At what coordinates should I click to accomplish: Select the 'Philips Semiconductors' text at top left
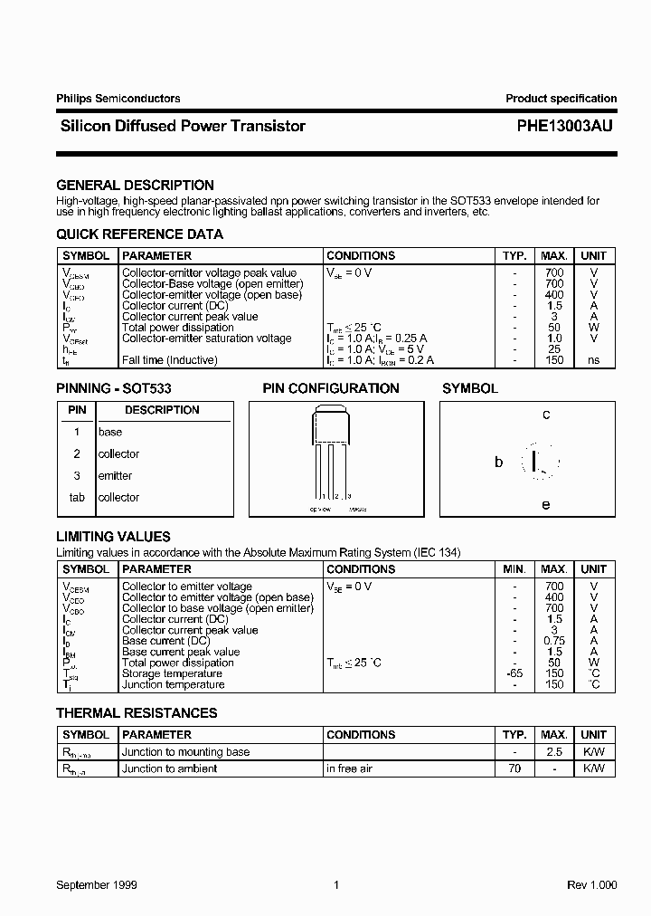click(118, 99)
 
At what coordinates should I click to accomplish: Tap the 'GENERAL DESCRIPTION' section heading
click(135, 186)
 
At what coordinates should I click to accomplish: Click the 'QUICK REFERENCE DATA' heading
click(139, 234)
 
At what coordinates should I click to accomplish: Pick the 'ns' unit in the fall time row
click(593, 360)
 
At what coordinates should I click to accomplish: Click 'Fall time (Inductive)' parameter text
click(170, 360)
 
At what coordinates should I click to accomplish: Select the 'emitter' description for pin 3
click(115, 476)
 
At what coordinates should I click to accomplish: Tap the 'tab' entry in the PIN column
click(77, 498)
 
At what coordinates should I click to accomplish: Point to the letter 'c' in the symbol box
click(546, 415)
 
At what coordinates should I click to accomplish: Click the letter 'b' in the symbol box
click(498, 462)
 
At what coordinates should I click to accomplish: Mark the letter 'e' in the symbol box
click(545, 504)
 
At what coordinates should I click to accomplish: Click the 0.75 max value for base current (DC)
click(554, 641)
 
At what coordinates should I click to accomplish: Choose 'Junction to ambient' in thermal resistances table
click(170, 768)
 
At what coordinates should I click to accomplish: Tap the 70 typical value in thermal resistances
click(514, 768)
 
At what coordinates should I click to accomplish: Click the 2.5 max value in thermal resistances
click(554, 752)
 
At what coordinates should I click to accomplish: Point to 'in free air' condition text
click(351, 768)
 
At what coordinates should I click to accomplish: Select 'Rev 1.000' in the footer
click(591, 884)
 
